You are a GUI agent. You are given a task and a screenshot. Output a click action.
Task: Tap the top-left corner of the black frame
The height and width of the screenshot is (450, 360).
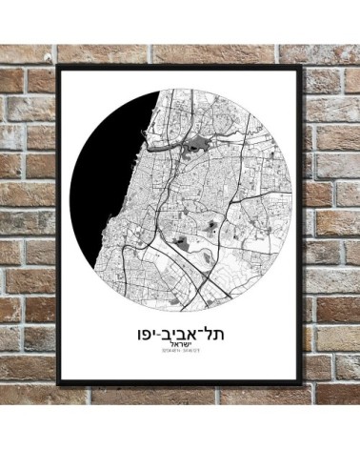tap(58, 68)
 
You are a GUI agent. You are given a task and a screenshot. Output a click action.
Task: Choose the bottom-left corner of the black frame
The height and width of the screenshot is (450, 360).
tap(58, 383)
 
